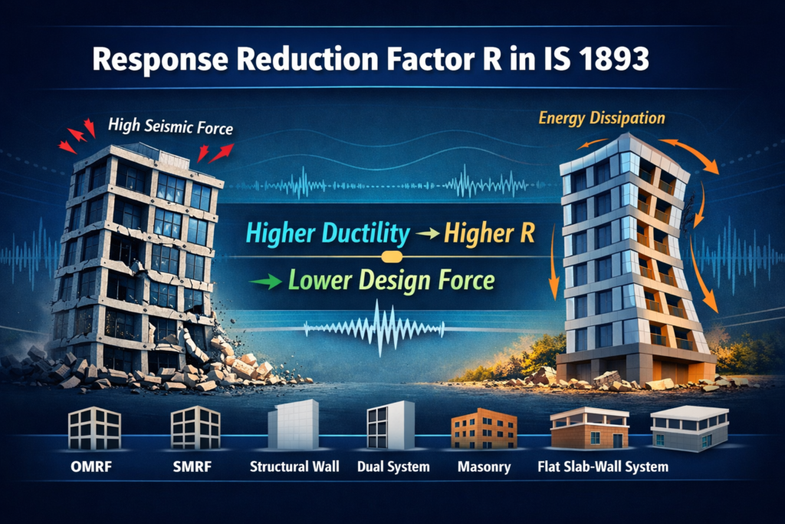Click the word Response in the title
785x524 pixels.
pyautogui.click(x=161, y=60)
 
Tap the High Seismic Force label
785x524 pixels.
pyautogui.click(x=171, y=126)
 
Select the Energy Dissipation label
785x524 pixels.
pyautogui.click(x=602, y=118)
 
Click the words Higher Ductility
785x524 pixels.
pyautogui.click(x=328, y=233)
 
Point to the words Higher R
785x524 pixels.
pyautogui.click(x=489, y=233)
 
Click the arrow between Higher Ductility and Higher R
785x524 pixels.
pyautogui.click(x=427, y=233)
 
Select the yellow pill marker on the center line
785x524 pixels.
pyautogui.click(x=392, y=257)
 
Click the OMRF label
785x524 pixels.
pyautogui.click(x=91, y=467)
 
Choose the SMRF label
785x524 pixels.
pyautogui.click(x=192, y=467)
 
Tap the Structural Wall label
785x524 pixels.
pyautogui.click(x=294, y=467)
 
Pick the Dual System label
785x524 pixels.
pyautogui.click(x=393, y=467)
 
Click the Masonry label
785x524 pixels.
pyautogui.click(x=484, y=467)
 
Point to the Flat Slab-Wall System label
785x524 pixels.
pyautogui.click(x=603, y=467)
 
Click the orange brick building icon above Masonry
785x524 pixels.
pyautogui.click(x=484, y=428)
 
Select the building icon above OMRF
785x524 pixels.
pyautogui.click(x=94, y=428)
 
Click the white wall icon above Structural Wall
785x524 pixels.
pyautogui.click(x=294, y=424)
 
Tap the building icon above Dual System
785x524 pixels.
pyautogui.click(x=390, y=425)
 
